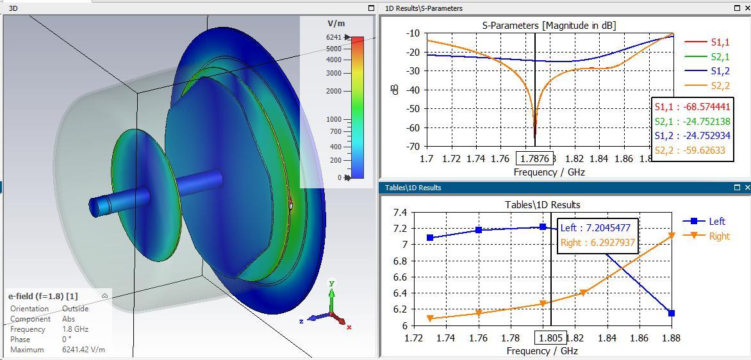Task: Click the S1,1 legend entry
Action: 720,42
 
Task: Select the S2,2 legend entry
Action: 720,86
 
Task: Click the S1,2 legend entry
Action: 720,71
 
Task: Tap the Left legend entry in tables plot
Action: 717,221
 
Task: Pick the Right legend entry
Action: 719,236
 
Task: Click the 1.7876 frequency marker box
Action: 534,158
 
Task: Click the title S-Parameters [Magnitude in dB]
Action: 549,25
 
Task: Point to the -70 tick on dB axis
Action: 412,147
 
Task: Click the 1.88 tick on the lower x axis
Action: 671,338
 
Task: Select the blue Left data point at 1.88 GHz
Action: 671,313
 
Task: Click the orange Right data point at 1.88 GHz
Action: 672,236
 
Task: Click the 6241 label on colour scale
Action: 333,37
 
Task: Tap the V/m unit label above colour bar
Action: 336,23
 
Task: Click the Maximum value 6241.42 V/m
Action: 83,350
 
